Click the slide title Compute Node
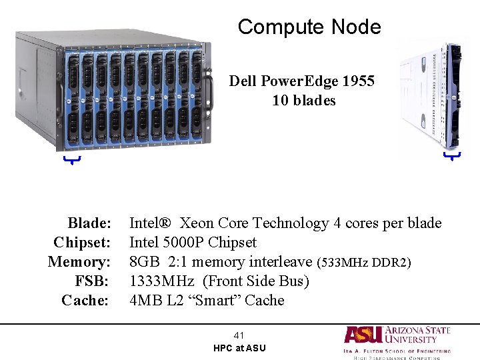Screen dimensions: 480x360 pyautogui.click(x=309, y=27)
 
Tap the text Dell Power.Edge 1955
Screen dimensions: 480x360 pyautogui.click(x=302, y=81)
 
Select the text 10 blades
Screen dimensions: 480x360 pyautogui.click(x=303, y=101)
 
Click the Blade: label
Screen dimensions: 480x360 pyautogui.click(x=89, y=223)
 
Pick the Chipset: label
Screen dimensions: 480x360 pyautogui.click(x=81, y=242)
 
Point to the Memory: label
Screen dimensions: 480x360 pyautogui.click(x=79, y=261)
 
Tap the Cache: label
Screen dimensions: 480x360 pyautogui.click(x=85, y=300)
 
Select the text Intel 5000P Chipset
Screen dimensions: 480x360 pyautogui.click(x=193, y=242)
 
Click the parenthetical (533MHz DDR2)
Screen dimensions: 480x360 pyautogui.click(x=363, y=262)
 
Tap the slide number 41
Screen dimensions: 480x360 pyautogui.click(x=239, y=335)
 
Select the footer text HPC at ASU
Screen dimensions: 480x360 pyautogui.click(x=239, y=348)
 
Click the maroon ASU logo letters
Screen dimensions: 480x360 pyautogui.click(x=363, y=334)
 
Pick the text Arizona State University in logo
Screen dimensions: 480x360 pyautogui.click(x=417, y=334)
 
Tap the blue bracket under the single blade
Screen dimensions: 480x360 pyautogui.click(x=452, y=156)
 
